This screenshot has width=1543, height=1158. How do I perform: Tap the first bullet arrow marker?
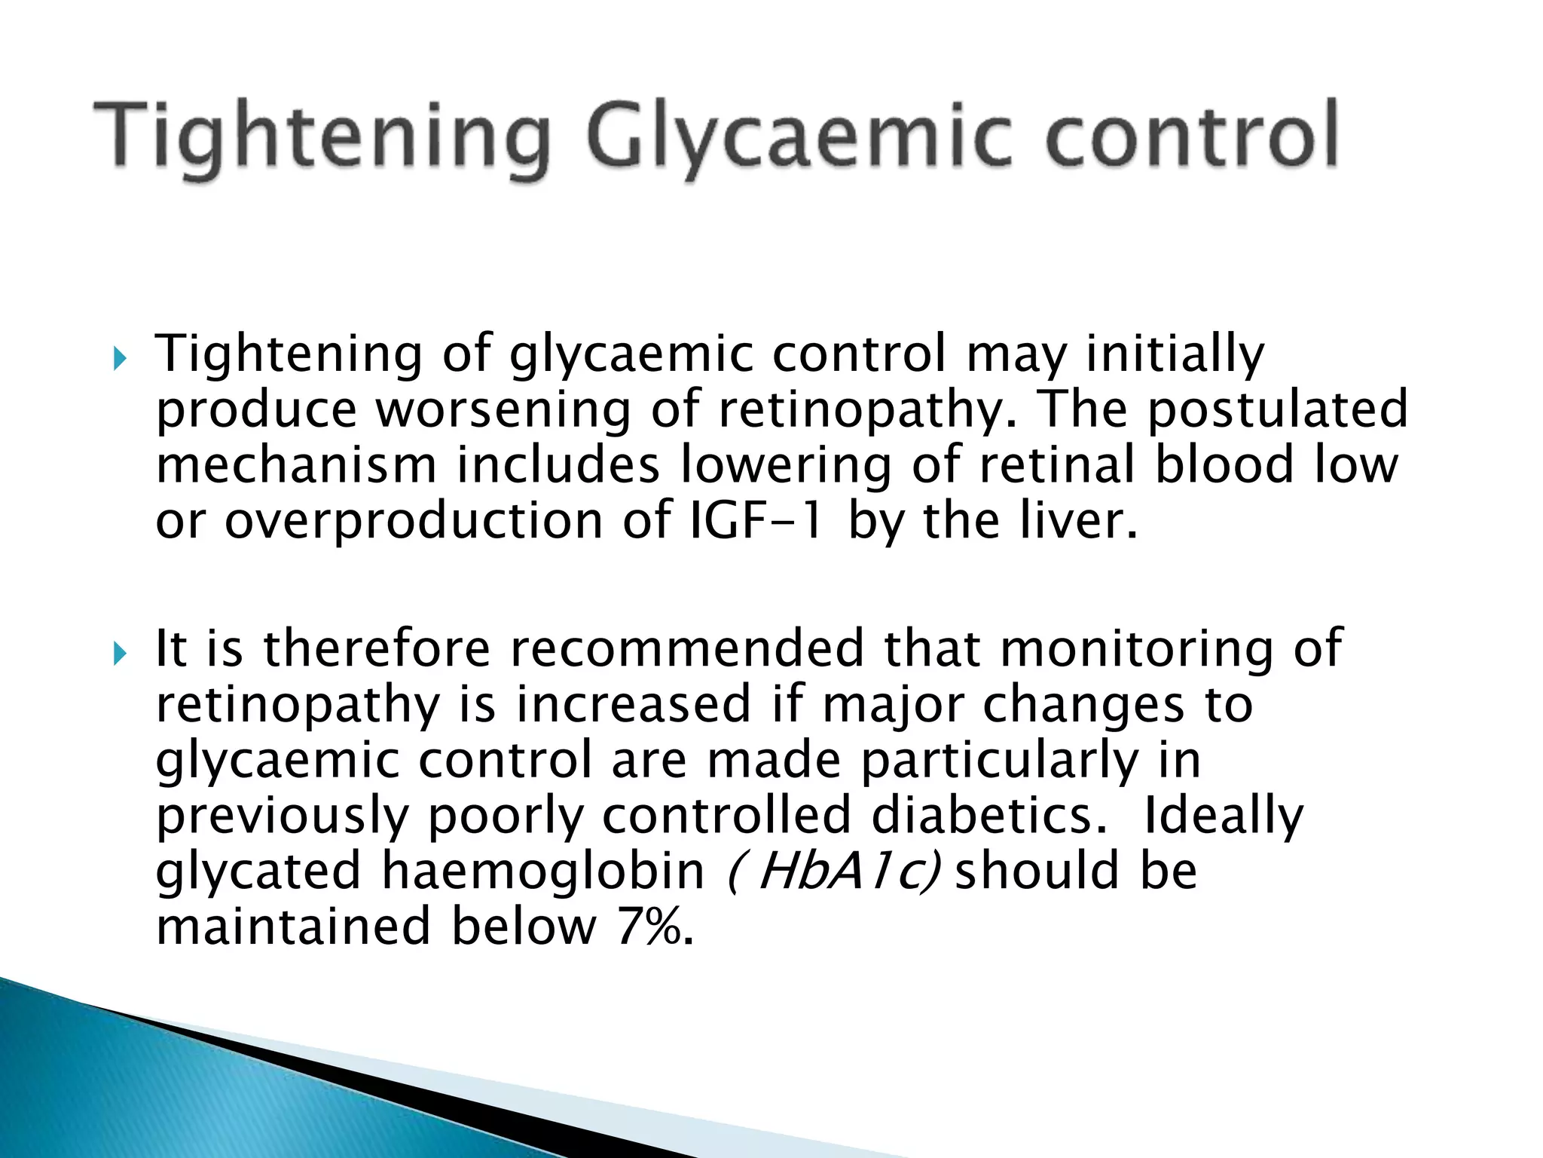120,359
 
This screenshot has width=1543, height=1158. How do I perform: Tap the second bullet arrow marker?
120,653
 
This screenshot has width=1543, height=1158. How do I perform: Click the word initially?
1175,354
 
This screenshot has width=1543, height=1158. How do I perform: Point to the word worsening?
503,410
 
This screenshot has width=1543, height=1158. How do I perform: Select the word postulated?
1277,410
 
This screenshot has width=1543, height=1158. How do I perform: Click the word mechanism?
296,465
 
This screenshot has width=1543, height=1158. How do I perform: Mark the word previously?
282,816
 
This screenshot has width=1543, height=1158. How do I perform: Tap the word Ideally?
1223,816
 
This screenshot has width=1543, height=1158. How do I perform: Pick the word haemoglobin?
542,872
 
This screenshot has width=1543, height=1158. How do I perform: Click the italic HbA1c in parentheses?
833,872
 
